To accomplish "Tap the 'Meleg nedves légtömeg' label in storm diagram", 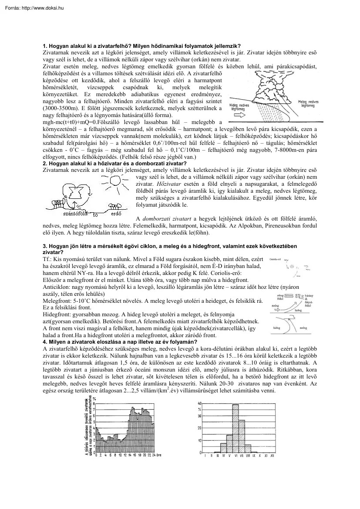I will point(308,104).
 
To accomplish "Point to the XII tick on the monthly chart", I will point(272,455).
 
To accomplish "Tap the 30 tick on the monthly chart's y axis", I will point(200,415).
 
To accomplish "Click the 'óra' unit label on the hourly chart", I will point(159,455).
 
